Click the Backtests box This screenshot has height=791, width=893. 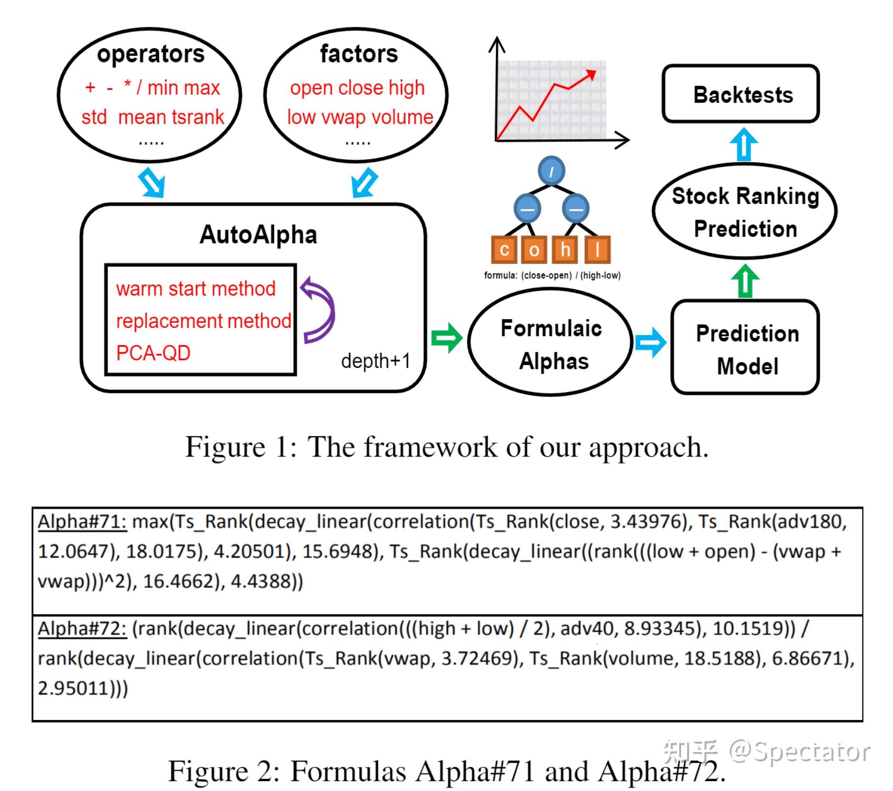pyautogui.click(x=740, y=94)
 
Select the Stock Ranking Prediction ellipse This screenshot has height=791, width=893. pyautogui.click(x=744, y=211)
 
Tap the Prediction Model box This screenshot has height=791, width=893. pyautogui.click(x=745, y=347)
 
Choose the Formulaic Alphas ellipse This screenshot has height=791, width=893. pyautogui.click(x=550, y=342)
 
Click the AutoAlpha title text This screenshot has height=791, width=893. pyautogui.click(x=258, y=234)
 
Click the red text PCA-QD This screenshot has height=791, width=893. pyautogui.click(x=153, y=353)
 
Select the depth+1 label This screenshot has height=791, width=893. pyautogui.click(x=375, y=361)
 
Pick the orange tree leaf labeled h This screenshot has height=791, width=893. pyautogui.click(x=565, y=250)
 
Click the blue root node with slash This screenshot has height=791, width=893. pyautogui.click(x=551, y=171)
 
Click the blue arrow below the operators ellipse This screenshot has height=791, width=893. pyautogui.click(x=152, y=183)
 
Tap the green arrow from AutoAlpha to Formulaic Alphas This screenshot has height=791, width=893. pyautogui.click(x=447, y=338)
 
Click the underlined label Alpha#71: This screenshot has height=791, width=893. pyautogui.click(x=82, y=521)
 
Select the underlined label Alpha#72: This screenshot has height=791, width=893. pyautogui.click(x=82, y=628)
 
